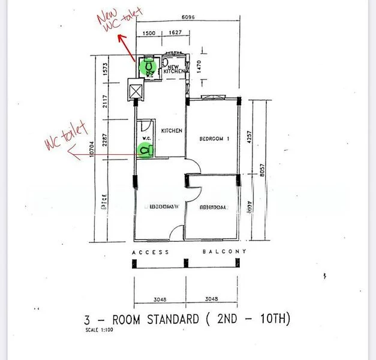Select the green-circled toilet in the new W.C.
pyautogui.click(x=148, y=66)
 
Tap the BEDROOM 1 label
pyautogui.click(x=214, y=139)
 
